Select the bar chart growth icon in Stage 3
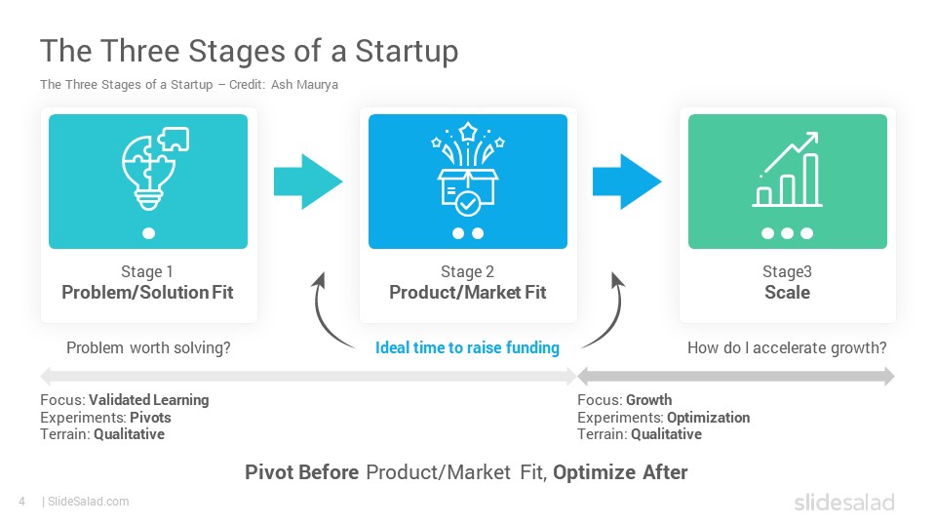click(x=788, y=170)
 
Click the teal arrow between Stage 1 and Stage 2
click(x=308, y=182)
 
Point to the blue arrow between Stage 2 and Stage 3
click(x=627, y=182)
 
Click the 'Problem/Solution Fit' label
click(x=147, y=292)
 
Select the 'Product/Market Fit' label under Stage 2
click(x=467, y=292)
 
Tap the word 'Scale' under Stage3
click(x=788, y=292)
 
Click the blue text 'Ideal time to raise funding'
click(x=467, y=347)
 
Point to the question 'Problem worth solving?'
click(x=148, y=347)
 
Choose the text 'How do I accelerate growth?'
click(x=787, y=347)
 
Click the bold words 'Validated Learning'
click(x=148, y=400)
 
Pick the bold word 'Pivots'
click(x=150, y=417)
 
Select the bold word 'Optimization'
click(x=709, y=417)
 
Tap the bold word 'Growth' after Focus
click(x=649, y=400)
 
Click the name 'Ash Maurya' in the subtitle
click(x=304, y=84)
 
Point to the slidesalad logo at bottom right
click(x=844, y=502)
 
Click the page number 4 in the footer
click(x=22, y=502)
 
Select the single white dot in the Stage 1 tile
click(x=148, y=233)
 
